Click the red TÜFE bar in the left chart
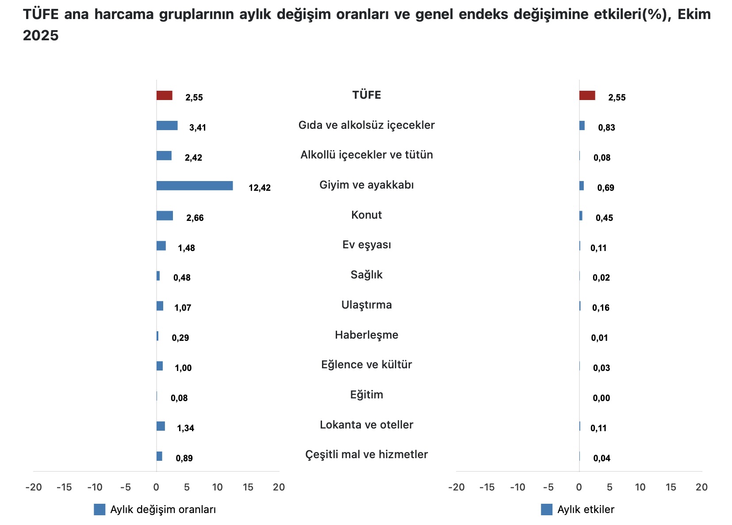[164, 96]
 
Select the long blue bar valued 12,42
[195, 186]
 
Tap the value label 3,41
[198, 127]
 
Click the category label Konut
[366, 215]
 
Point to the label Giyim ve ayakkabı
[366, 185]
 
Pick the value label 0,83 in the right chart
[606, 127]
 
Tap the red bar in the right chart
[587, 96]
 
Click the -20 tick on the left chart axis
[34, 487]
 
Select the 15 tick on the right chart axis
[671, 487]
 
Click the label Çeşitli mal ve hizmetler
[366, 455]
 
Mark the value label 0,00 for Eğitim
[601, 398]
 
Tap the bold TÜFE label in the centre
[366, 95]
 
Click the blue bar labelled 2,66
[165, 216]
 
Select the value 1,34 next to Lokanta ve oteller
[185, 428]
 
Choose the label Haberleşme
[366, 335]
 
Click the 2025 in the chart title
[41, 35]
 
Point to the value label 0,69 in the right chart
[606, 188]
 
